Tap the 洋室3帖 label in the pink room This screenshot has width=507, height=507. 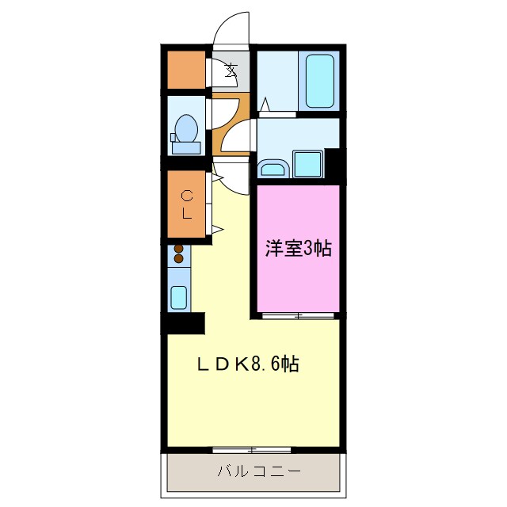pyautogui.click(x=297, y=249)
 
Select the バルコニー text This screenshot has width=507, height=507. pyautogui.click(x=259, y=471)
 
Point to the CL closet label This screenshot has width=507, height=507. pyautogui.click(x=187, y=204)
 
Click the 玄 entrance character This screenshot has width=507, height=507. pyautogui.click(x=231, y=70)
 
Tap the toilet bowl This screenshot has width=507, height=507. pyautogui.click(x=188, y=128)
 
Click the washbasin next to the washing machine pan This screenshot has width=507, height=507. pyautogui.click(x=273, y=168)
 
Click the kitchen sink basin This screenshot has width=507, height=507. pyautogui.click(x=179, y=298)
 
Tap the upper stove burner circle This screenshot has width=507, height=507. pyautogui.click(x=179, y=249)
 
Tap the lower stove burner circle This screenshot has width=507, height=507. pyautogui.click(x=179, y=258)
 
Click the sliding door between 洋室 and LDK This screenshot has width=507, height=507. pyautogui.click(x=298, y=316)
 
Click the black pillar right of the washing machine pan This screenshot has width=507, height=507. pyautogui.click(x=333, y=165)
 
